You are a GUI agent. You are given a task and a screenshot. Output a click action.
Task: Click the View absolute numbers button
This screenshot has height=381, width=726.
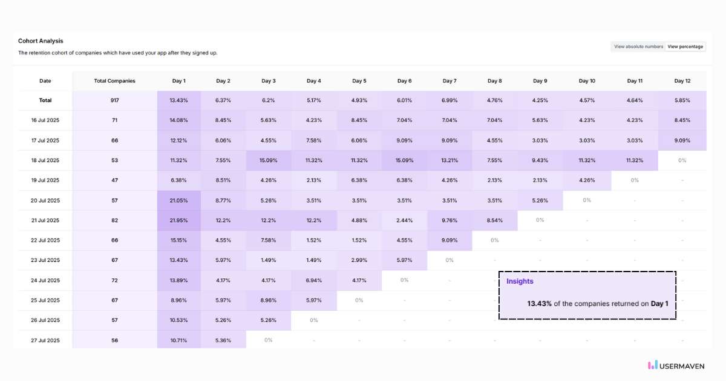tap(638, 47)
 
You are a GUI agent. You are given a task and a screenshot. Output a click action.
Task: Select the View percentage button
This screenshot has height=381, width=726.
tap(685, 47)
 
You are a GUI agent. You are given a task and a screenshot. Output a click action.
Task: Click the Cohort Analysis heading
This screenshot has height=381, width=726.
tap(41, 41)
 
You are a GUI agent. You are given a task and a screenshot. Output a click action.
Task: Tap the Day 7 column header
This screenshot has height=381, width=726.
tap(450, 81)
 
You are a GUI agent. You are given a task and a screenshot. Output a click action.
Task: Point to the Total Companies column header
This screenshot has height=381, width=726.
tap(115, 81)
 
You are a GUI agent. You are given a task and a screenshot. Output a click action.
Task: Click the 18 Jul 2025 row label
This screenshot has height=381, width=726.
tap(45, 160)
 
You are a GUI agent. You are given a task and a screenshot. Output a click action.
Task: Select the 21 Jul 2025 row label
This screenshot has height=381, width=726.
tap(45, 220)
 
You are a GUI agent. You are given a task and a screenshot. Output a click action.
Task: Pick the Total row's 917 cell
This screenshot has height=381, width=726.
tap(115, 100)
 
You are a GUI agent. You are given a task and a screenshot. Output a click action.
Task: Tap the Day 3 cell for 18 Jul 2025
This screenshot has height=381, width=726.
tap(269, 160)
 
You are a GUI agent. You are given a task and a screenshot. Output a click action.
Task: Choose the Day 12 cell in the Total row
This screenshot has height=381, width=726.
tap(682, 100)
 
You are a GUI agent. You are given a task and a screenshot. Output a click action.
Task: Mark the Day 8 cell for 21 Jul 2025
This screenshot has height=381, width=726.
tap(494, 220)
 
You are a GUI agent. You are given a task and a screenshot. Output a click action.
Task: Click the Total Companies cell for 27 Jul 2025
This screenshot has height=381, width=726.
tap(115, 340)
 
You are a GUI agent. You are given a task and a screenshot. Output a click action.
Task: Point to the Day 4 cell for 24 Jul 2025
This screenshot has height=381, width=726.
tap(313, 281)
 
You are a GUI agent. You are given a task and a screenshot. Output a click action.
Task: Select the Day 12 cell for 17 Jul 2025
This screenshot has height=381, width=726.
tap(682, 140)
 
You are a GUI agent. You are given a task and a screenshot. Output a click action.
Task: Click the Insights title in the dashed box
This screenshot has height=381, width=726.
tap(520, 281)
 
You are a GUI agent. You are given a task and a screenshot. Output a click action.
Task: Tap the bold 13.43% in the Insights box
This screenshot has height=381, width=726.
tap(539, 304)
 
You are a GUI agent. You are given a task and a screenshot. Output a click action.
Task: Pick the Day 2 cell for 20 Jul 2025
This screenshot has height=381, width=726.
tap(223, 200)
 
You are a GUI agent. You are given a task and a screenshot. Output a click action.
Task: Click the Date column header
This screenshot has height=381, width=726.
tap(45, 81)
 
